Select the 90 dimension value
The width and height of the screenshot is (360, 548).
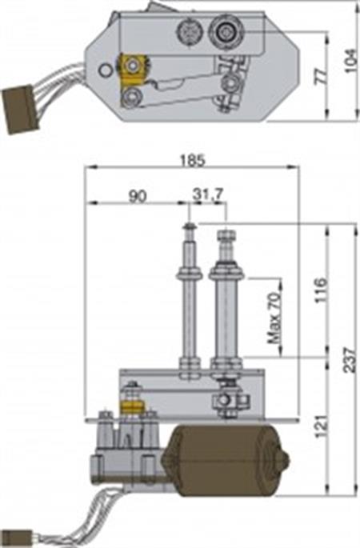[136, 194]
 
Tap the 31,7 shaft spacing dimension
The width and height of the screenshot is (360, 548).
[207, 194]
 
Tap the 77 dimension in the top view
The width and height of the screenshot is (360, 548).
[321, 77]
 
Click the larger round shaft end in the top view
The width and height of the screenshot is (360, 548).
[221, 33]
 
